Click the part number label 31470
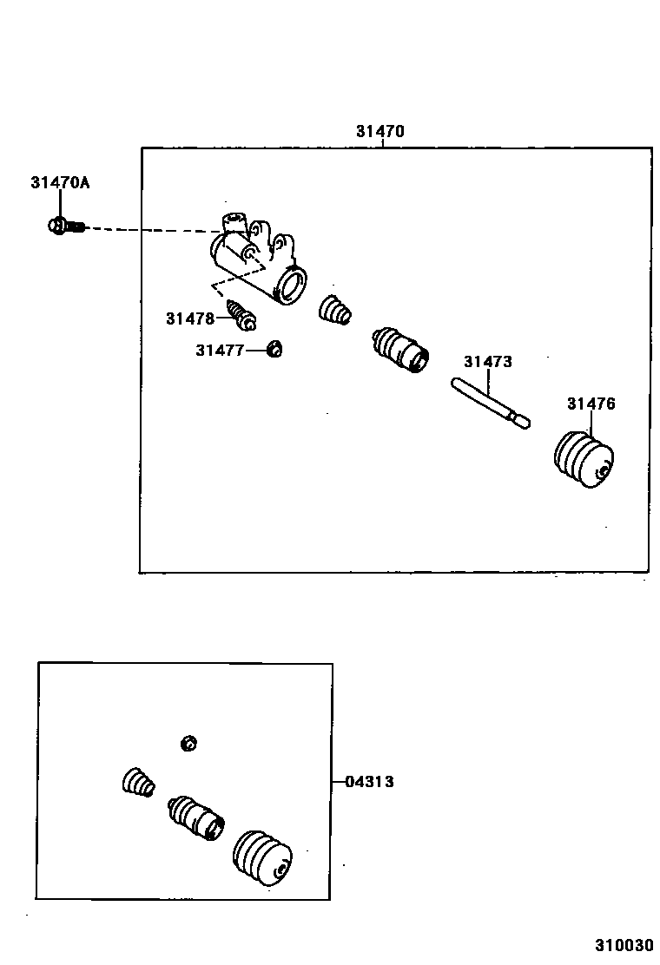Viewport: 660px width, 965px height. (x=379, y=132)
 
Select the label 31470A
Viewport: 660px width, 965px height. (x=60, y=182)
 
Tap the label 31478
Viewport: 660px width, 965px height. (x=189, y=318)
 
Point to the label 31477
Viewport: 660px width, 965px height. (x=219, y=350)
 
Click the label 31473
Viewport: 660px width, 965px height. (x=487, y=362)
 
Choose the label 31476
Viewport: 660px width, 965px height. (x=591, y=404)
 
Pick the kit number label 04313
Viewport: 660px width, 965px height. (x=369, y=782)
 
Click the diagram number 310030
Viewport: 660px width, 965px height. (x=623, y=944)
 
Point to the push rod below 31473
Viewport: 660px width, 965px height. (x=491, y=402)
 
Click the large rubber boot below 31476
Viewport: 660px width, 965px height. (x=584, y=458)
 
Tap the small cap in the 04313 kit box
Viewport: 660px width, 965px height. (x=188, y=743)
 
